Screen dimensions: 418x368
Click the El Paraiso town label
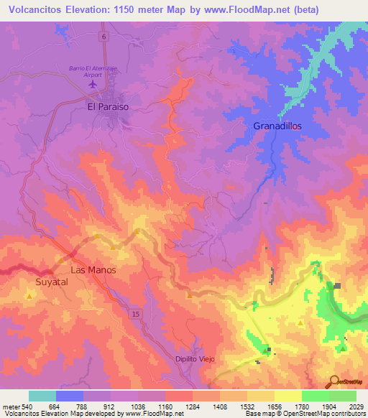(108, 106)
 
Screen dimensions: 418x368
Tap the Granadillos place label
(277, 126)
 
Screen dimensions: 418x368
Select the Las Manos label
(93, 270)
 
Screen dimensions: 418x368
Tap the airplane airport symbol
(92, 85)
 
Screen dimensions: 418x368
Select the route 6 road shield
(104, 36)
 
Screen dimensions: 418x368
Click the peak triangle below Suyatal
(29, 295)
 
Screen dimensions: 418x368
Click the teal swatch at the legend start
(42, 396)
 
